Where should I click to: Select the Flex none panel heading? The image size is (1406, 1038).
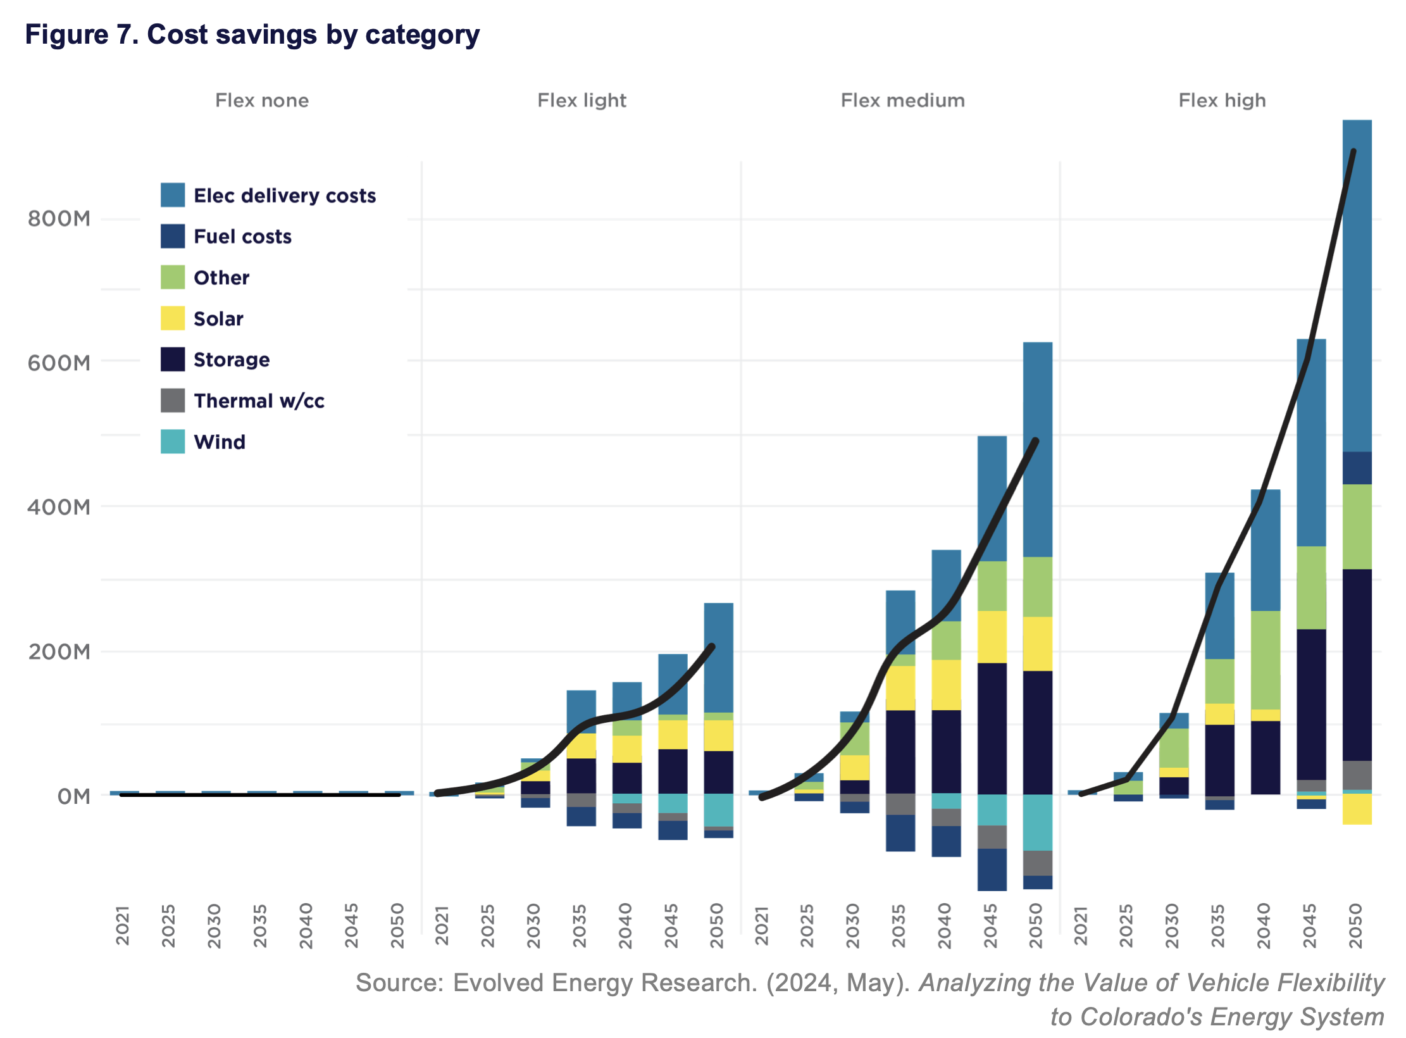262,101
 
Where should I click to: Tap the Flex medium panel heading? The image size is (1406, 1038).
902,101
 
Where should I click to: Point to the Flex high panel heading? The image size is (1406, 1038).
1222,101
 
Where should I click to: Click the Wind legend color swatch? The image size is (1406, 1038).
173,442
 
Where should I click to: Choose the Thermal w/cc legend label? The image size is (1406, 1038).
259,401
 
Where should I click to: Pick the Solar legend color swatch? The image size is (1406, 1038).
173,318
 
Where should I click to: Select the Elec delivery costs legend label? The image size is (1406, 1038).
285,196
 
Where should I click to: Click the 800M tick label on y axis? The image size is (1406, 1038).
59,219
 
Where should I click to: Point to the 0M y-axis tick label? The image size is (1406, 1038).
73,796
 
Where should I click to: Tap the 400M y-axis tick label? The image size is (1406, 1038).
59,507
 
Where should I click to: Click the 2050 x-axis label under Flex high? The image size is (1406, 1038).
1355,925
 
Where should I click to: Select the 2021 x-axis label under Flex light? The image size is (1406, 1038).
442,925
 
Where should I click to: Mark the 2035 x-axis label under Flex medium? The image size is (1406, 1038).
899,925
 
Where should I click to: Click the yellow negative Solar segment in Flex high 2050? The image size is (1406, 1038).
1357,809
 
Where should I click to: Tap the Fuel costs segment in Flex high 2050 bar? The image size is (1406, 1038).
1357,468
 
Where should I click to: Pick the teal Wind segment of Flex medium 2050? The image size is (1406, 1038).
1038,822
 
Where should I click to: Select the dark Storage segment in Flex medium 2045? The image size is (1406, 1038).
992,728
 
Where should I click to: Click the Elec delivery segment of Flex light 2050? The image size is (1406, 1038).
718,657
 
